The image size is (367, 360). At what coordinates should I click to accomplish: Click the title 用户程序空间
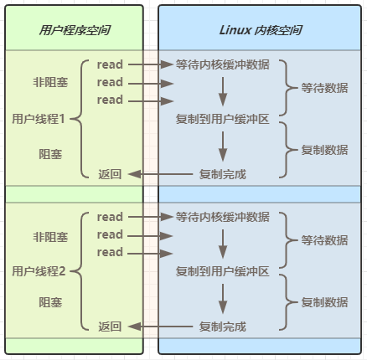click(75, 30)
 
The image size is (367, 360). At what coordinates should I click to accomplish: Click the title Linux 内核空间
click(261, 30)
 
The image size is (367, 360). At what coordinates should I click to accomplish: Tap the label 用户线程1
click(39, 119)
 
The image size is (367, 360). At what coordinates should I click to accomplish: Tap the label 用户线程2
click(39, 271)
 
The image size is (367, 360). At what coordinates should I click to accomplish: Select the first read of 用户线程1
click(110, 64)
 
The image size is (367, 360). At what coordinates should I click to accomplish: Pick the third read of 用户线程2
click(110, 252)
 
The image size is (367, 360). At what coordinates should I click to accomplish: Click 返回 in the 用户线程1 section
click(110, 174)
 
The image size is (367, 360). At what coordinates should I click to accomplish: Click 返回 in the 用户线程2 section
click(110, 327)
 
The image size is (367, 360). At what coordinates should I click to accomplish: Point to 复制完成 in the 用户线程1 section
click(223, 174)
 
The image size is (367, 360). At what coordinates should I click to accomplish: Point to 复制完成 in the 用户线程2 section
click(223, 327)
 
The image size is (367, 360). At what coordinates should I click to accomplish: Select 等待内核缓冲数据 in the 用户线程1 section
click(223, 64)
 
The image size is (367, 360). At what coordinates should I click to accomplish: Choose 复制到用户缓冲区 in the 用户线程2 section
click(223, 271)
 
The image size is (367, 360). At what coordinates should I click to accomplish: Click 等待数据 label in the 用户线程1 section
click(324, 88)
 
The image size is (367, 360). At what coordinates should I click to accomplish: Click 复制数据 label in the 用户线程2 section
click(324, 302)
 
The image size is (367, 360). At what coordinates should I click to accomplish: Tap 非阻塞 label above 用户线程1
click(50, 82)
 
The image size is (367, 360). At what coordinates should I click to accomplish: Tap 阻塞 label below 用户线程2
click(50, 302)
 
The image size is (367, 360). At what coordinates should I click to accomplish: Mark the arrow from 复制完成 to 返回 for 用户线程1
click(160, 174)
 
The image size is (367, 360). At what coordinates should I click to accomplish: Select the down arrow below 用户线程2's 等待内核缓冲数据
click(223, 244)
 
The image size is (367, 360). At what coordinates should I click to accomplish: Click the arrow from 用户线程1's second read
click(151, 83)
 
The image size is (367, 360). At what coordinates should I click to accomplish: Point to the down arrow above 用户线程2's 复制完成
click(223, 299)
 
